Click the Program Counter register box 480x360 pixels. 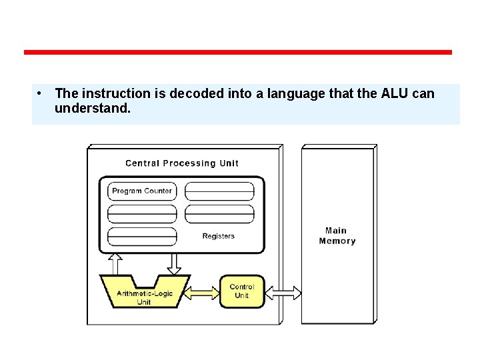click(x=142, y=191)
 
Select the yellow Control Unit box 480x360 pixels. click(x=242, y=291)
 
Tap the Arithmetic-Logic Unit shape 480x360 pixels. click(x=144, y=293)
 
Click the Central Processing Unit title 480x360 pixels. click(x=181, y=163)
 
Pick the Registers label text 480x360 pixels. click(x=219, y=236)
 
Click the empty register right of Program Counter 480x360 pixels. click(x=219, y=191)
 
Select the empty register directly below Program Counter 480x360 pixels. click(x=142, y=214)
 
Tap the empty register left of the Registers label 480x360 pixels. click(x=142, y=237)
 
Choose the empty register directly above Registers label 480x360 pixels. click(x=219, y=214)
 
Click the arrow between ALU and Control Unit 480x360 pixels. click(x=202, y=292)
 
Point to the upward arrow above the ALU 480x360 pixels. click(x=115, y=264)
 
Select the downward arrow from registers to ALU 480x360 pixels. click(x=174, y=264)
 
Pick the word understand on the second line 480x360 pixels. click(x=92, y=108)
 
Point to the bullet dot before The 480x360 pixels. click(x=41, y=93)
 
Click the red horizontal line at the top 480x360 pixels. click(x=238, y=52)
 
